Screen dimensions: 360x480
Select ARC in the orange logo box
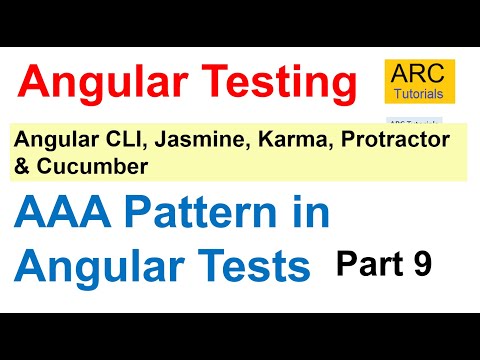(x=420, y=71)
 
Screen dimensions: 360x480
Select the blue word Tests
(x=254, y=267)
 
